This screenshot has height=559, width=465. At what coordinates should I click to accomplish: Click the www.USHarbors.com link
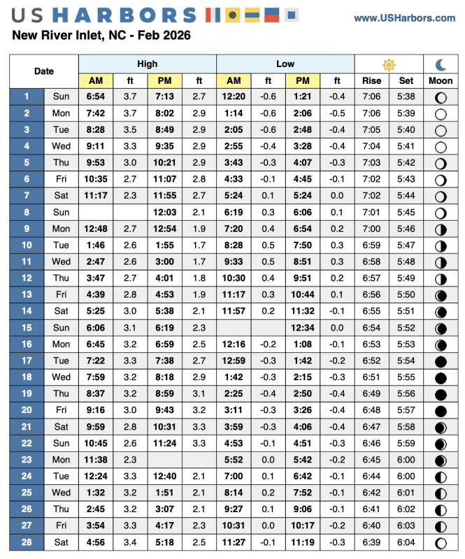coord(404,18)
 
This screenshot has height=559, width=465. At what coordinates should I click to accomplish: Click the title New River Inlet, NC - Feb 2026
coord(101,35)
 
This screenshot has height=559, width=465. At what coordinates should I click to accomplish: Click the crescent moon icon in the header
coord(441,64)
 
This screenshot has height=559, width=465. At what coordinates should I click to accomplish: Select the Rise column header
coord(372,81)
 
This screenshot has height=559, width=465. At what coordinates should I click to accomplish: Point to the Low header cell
coord(285,64)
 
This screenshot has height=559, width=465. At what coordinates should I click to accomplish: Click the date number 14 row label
coord(27,312)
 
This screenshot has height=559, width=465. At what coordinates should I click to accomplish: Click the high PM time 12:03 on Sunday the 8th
coord(165,212)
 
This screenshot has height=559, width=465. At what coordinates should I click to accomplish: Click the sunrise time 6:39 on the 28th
coord(372,542)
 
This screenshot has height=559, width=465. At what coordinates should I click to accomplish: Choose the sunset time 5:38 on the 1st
coord(406,96)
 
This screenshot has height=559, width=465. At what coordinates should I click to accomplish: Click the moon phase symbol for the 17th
coord(441,361)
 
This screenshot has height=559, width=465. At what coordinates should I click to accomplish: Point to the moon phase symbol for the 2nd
coord(441,113)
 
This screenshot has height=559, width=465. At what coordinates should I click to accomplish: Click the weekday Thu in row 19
coord(62,394)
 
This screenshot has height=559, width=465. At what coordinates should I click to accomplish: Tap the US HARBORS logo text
coord(105,15)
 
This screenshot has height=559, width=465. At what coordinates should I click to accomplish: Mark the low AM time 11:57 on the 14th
coord(234,312)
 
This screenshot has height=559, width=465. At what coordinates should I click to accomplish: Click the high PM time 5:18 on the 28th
coord(165,542)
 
